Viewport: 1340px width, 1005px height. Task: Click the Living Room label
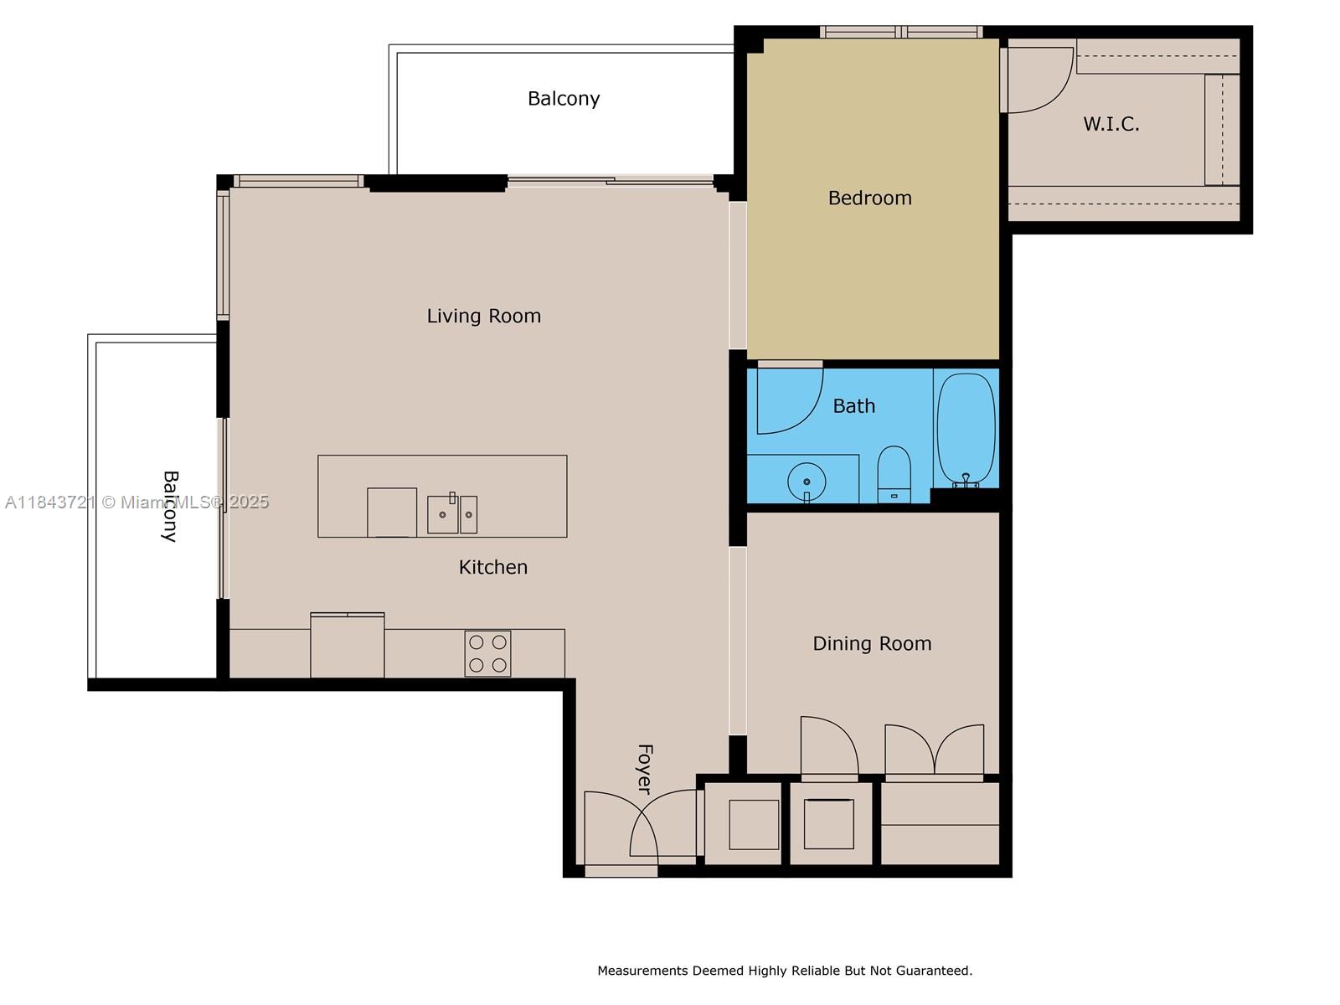(x=483, y=316)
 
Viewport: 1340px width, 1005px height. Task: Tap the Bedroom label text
(x=869, y=198)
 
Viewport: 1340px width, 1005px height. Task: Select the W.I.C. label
(x=1111, y=124)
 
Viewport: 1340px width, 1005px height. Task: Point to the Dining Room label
(x=872, y=643)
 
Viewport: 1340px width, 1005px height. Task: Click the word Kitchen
(x=492, y=567)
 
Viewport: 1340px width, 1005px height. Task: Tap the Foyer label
(x=645, y=769)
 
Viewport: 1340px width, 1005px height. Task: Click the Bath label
(x=853, y=406)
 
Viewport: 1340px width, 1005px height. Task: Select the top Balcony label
(x=564, y=99)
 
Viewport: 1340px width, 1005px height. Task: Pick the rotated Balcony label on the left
(x=170, y=506)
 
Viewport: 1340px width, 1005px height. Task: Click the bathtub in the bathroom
(x=966, y=430)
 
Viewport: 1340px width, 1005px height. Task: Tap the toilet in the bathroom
(x=894, y=474)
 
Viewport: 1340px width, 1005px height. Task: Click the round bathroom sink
(x=807, y=482)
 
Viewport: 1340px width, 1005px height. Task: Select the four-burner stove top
(x=487, y=653)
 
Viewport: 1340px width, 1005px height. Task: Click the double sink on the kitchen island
(x=451, y=513)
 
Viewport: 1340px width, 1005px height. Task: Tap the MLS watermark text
(x=137, y=502)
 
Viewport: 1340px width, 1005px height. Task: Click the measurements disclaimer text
(x=785, y=970)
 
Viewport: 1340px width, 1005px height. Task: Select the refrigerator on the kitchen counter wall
(x=348, y=645)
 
